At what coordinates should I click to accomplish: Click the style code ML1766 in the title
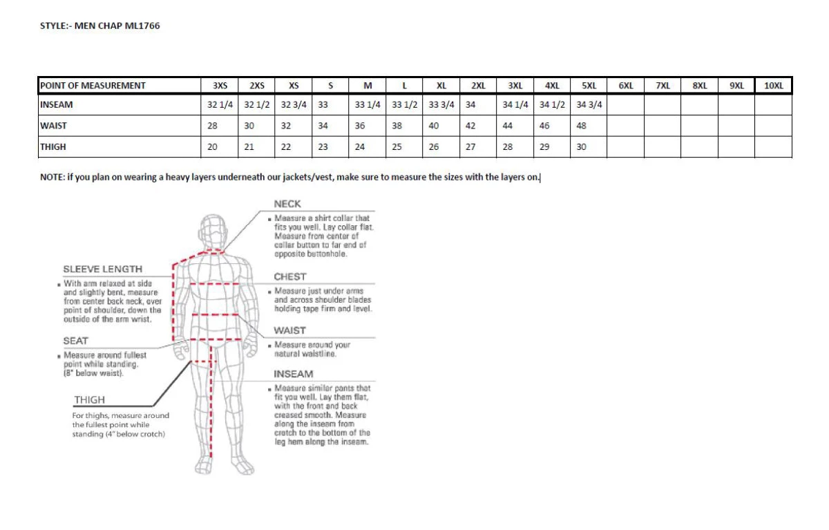pyautogui.click(x=146, y=26)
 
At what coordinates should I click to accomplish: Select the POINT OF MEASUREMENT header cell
pyautogui.click(x=93, y=86)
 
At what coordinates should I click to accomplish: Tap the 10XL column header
pyautogui.click(x=773, y=86)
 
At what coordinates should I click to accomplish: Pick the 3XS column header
pyautogui.click(x=220, y=86)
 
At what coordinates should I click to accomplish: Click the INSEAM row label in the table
pyautogui.click(x=57, y=105)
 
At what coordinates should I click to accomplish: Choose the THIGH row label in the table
pyautogui.click(x=53, y=147)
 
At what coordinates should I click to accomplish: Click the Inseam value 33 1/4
pyautogui.click(x=368, y=105)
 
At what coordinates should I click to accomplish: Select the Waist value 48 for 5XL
pyautogui.click(x=582, y=126)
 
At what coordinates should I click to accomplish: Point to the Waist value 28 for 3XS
pyautogui.click(x=213, y=126)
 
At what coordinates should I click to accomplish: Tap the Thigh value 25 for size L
pyautogui.click(x=397, y=147)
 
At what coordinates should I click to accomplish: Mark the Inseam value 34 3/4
pyautogui.click(x=589, y=105)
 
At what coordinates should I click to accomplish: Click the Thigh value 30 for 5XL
pyautogui.click(x=582, y=147)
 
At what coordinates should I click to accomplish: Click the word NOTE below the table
pyautogui.click(x=52, y=177)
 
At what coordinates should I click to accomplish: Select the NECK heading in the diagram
pyautogui.click(x=287, y=204)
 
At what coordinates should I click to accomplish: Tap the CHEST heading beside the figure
pyautogui.click(x=289, y=276)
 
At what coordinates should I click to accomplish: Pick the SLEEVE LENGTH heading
pyautogui.click(x=102, y=269)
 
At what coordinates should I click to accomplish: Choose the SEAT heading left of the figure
pyautogui.click(x=75, y=341)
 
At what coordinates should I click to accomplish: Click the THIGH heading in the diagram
pyautogui.click(x=89, y=399)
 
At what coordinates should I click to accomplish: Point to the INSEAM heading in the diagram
pyautogui.click(x=293, y=374)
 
